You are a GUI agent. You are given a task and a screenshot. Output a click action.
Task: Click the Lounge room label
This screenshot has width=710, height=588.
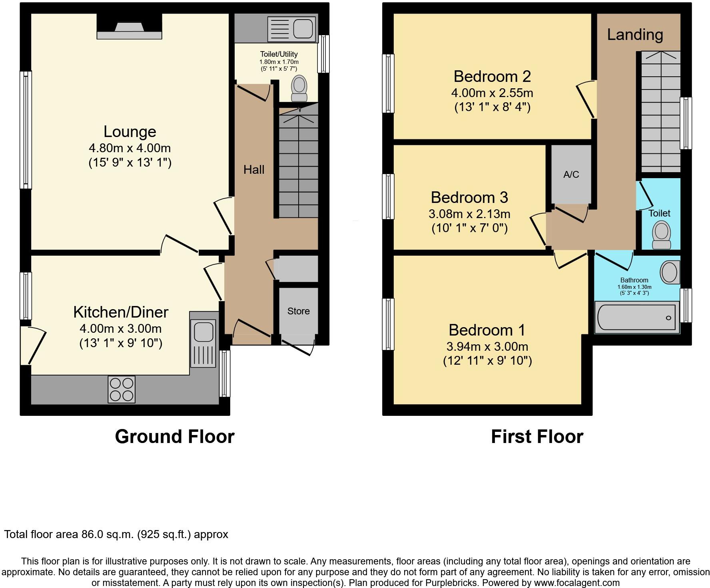tap(130, 131)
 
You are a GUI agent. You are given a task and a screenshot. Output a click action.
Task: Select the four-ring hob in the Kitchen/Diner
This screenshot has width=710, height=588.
tap(122, 389)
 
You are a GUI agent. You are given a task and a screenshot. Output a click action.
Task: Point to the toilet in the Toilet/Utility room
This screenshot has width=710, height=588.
tap(299, 89)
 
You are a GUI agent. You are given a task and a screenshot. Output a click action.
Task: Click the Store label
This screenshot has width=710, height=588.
tap(298, 311)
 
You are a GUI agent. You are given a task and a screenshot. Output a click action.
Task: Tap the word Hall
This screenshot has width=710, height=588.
tap(254, 170)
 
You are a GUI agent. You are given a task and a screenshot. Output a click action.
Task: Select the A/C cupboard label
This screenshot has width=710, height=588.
tap(571, 175)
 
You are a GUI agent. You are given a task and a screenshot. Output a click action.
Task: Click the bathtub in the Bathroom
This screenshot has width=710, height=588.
tap(636, 318)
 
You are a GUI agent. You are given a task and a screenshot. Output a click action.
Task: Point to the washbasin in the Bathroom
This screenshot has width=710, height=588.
tap(670, 272)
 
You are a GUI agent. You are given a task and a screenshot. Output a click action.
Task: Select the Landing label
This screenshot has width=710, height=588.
tap(635, 35)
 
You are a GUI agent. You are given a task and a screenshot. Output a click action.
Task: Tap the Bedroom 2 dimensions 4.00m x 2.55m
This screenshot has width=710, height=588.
tap(492, 93)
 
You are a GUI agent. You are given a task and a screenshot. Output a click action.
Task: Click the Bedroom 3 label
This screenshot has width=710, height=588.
tap(469, 197)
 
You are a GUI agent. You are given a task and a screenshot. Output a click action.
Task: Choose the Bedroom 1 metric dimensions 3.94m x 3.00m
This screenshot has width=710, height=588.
tap(487, 346)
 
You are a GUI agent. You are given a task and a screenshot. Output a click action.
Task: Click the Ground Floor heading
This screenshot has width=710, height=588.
tap(174, 437)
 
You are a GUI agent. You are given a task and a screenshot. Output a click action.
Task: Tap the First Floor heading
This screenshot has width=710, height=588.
tap(536, 437)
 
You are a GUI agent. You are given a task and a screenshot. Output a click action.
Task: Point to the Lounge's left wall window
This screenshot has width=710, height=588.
tap(26, 130)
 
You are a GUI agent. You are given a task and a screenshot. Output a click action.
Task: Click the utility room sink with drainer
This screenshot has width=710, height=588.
tap(292, 29)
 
